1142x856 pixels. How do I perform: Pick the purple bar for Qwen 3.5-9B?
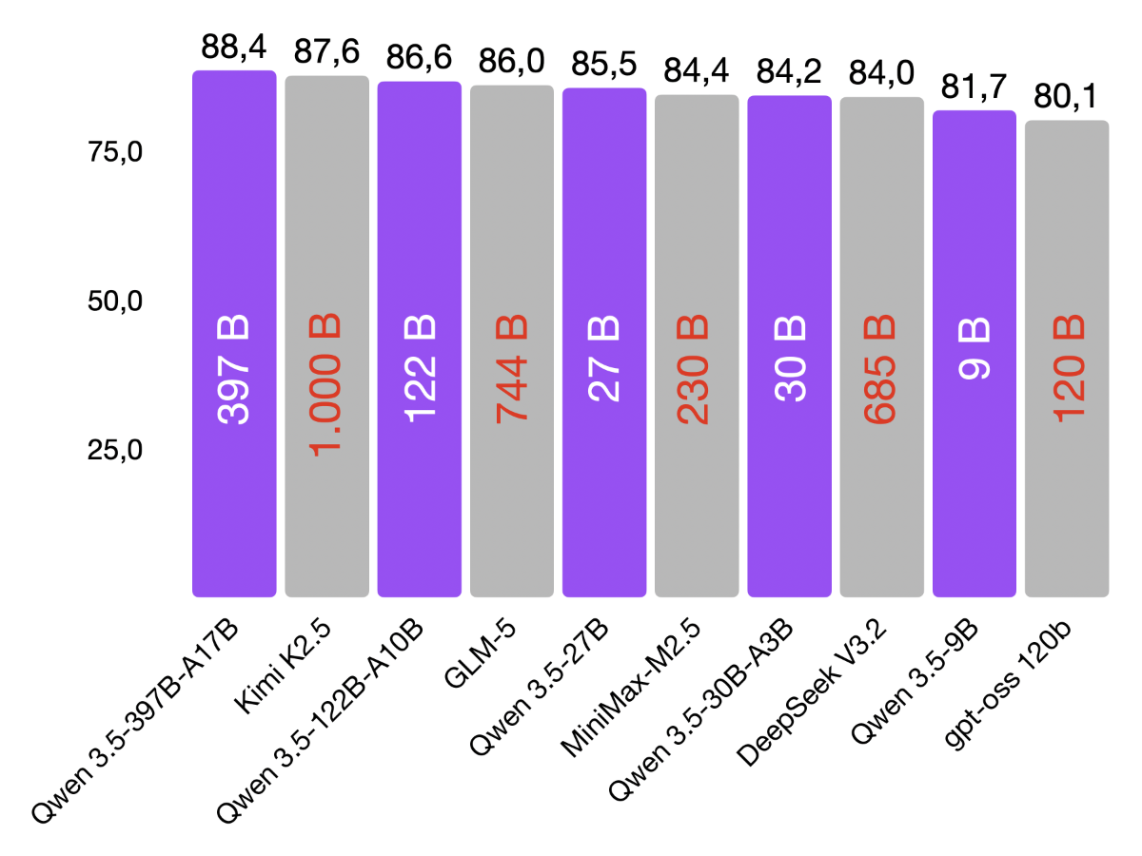tap(975, 476)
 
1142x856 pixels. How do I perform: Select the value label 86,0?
tap(512, 64)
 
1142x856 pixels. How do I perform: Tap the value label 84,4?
tap(697, 73)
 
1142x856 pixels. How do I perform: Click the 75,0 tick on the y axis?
tap(115, 153)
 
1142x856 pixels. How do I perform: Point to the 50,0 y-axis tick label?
tap(115, 302)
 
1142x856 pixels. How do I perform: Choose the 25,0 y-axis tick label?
tap(115, 451)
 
